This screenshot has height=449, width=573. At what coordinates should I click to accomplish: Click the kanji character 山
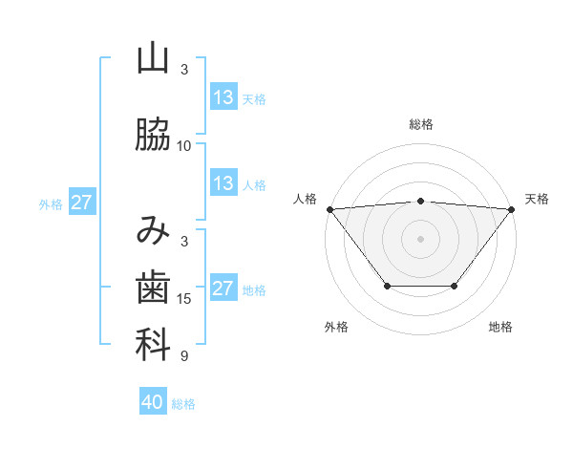(x=153, y=59)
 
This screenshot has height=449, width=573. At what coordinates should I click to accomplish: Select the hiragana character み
(x=153, y=230)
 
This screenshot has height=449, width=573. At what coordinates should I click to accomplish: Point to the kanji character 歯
(x=153, y=287)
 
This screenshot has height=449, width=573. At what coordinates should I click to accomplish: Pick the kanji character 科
(x=153, y=345)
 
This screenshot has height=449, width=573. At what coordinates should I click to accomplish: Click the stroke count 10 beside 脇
(x=184, y=146)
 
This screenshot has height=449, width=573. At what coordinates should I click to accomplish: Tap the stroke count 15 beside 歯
(x=184, y=299)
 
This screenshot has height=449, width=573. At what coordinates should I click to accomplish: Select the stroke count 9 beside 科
(x=184, y=356)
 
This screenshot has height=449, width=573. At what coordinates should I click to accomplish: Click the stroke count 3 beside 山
(x=184, y=70)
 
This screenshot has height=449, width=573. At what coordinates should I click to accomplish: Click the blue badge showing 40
(x=153, y=402)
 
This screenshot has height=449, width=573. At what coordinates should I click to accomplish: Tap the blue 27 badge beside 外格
(x=82, y=203)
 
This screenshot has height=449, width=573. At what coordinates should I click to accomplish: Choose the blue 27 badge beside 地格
(x=223, y=289)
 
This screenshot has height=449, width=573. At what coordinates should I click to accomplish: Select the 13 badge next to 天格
(x=223, y=97)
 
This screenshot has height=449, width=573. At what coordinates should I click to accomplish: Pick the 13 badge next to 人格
(x=223, y=183)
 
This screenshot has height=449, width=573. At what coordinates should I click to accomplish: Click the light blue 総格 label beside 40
(x=183, y=404)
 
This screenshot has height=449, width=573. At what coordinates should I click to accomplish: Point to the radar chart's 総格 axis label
(x=420, y=124)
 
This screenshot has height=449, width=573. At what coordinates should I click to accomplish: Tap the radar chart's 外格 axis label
(x=336, y=327)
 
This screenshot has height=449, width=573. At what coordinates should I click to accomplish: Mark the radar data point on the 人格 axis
(x=329, y=208)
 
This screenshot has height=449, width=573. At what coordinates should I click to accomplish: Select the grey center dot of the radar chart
(x=420, y=238)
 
